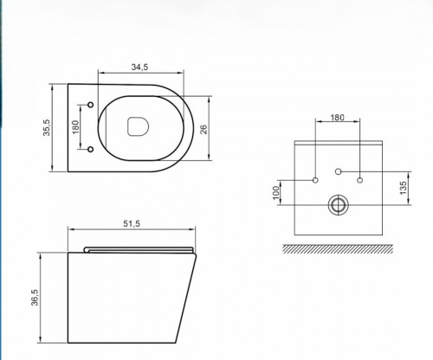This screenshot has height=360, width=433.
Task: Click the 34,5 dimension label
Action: [139, 67]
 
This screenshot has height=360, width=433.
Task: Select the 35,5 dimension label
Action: [47, 127]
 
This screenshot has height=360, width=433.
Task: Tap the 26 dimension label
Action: [204, 129]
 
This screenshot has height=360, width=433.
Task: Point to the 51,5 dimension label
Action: [132, 223]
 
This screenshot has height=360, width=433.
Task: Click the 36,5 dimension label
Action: [35, 298]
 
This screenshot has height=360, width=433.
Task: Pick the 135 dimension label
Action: [404, 188]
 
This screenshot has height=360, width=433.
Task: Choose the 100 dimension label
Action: [276, 192]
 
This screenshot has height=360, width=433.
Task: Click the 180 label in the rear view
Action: [338, 118]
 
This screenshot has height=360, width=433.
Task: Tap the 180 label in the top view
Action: [75, 127]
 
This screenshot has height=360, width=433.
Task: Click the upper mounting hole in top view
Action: [91, 105]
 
